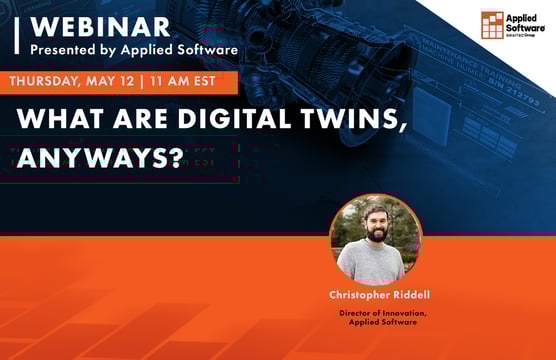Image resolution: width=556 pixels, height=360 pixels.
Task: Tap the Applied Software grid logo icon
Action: tap(493, 25)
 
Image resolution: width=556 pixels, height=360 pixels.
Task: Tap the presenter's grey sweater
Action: tap(376, 268)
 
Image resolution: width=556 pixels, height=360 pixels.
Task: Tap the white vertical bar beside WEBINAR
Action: tap(18, 34)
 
